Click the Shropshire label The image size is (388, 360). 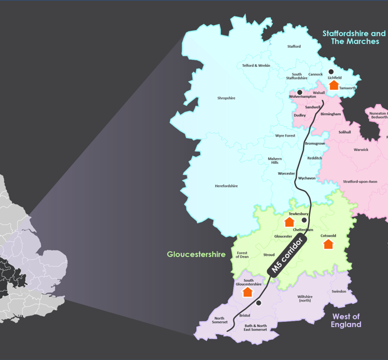pyautogui.click(x=226, y=98)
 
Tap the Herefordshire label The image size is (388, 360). pyautogui.click(x=226, y=186)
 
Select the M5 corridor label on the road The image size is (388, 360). pyautogui.click(x=287, y=255)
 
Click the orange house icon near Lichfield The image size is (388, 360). pyautogui.click(x=333, y=85)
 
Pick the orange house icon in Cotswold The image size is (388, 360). pyautogui.click(x=328, y=244)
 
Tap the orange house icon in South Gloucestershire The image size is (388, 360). pyautogui.click(x=247, y=292)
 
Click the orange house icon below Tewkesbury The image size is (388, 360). pyautogui.click(x=289, y=222)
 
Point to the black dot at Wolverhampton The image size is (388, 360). pyautogui.click(x=300, y=92)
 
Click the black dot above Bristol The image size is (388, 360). pyautogui.click(x=259, y=303)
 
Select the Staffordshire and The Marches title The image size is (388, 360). pyautogui.click(x=354, y=38)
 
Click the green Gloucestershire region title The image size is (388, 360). pyautogui.click(x=196, y=254)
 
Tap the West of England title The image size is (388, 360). pyautogui.click(x=346, y=320)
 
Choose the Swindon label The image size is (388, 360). pyautogui.click(x=339, y=291)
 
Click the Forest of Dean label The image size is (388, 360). pyautogui.click(x=242, y=255)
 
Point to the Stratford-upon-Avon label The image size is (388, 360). pyautogui.click(x=364, y=182)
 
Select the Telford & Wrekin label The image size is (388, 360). pyautogui.click(x=256, y=66)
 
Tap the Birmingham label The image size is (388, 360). pyautogui.click(x=331, y=114)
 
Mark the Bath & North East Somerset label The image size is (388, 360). pyautogui.click(x=256, y=328)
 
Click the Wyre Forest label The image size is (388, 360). pyautogui.click(x=285, y=136)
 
